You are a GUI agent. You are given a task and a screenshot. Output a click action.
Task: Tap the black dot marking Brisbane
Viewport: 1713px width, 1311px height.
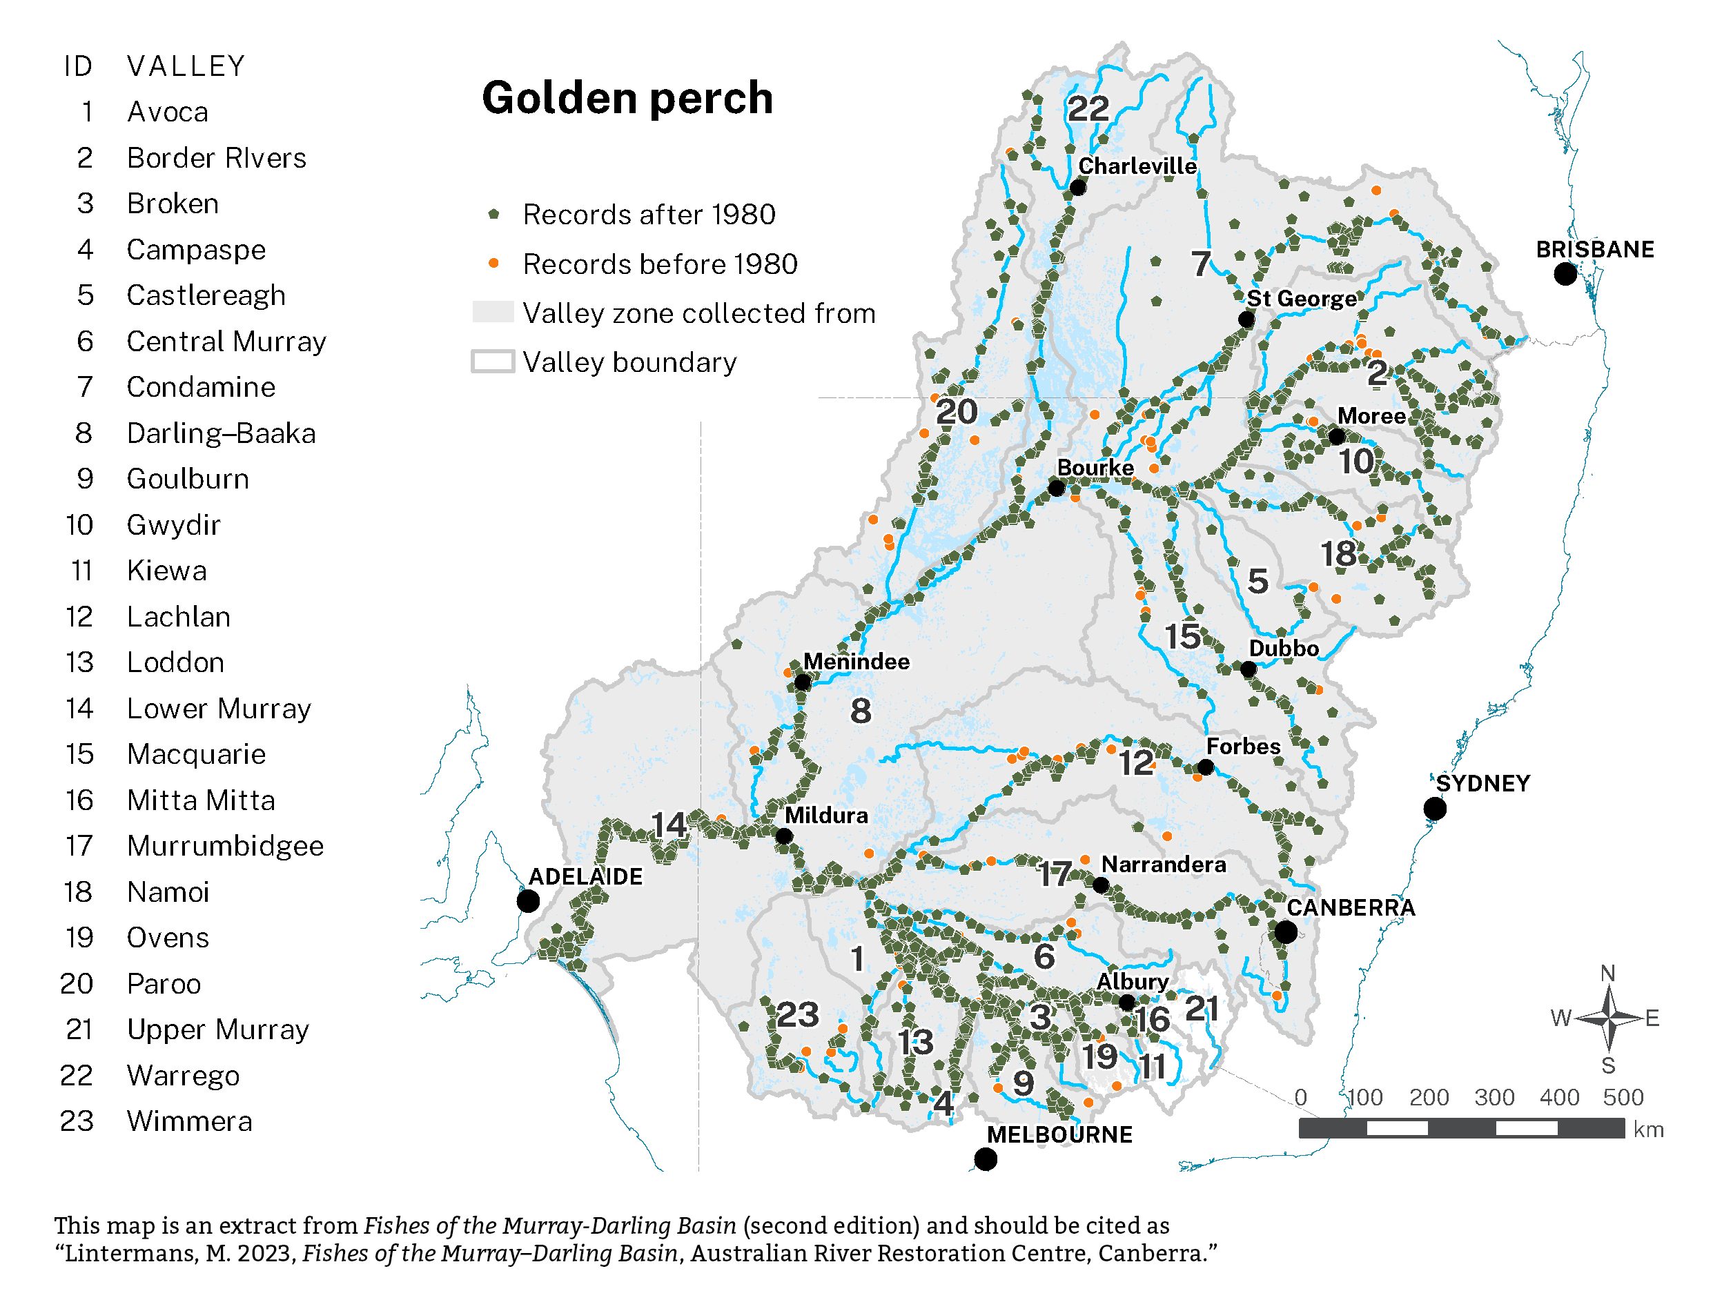click(1564, 274)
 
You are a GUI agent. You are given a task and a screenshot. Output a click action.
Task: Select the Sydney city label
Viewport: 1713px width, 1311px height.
click(1482, 783)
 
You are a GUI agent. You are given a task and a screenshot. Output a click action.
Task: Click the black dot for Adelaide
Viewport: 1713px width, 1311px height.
click(529, 901)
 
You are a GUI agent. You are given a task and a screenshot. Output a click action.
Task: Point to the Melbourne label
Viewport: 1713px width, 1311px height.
click(1059, 1134)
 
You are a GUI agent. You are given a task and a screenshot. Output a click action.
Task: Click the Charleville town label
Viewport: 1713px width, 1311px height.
click(1137, 166)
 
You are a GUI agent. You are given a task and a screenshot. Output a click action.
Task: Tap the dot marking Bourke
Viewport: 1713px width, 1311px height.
click(1057, 489)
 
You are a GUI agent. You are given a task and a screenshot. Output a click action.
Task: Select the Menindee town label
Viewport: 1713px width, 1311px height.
click(856, 662)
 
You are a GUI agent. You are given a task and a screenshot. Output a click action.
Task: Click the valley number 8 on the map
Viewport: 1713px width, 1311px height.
click(860, 711)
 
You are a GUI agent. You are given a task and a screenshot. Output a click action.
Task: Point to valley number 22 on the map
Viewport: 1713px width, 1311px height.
click(1087, 108)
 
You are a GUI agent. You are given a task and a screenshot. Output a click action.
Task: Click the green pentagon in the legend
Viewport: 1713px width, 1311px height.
click(493, 214)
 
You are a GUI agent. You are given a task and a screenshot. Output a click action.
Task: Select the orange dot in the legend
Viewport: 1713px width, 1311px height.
click(493, 263)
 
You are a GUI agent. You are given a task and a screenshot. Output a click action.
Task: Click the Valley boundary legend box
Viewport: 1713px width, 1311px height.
click(493, 362)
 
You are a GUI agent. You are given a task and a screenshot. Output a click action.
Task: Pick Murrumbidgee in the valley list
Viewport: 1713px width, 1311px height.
click(225, 846)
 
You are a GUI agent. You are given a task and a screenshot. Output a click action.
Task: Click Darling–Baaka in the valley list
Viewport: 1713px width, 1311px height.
click(221, 433)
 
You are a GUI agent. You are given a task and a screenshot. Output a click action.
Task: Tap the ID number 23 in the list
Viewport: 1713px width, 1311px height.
click(77, 1121)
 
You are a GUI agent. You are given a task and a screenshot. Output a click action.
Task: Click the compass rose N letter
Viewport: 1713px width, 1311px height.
click(1607, 973)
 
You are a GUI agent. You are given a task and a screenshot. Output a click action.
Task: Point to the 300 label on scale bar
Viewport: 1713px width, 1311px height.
click(1493, 1097)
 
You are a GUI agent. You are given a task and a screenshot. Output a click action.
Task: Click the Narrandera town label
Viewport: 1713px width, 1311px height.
click(1163, 865)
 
